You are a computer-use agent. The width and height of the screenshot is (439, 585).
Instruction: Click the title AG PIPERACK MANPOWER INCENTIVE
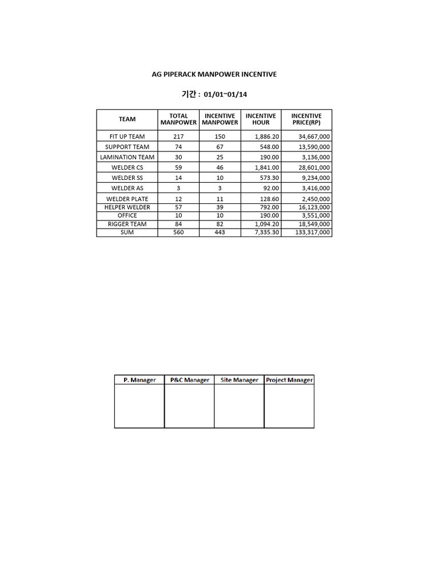(214, 74)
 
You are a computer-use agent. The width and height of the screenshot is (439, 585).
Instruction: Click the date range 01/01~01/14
(226, 94)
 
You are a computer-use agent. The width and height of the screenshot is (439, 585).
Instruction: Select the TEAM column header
(127, 119)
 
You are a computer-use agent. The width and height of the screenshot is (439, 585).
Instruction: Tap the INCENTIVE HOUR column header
(261, 119)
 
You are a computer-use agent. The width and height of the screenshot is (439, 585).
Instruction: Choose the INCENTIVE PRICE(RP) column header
(306, 119)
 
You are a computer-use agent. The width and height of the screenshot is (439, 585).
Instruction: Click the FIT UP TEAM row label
(127, 137)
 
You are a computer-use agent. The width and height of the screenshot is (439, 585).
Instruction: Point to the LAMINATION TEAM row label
(127, 157)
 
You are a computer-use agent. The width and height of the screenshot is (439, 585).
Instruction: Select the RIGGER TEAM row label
(127, 224)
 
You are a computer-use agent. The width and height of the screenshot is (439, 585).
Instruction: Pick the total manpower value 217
(178, 137)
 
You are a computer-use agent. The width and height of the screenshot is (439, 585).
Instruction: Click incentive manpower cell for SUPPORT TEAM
(219, 147)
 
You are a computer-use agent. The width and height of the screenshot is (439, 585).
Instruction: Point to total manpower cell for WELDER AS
(178, 188)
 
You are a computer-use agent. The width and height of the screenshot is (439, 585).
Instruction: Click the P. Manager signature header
(139, 380)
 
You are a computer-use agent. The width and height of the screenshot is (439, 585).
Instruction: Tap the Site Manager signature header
(240, 380)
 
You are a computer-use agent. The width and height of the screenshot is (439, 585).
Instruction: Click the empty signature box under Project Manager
(289, 406)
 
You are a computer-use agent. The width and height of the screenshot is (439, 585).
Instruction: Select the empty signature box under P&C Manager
(189, 406)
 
